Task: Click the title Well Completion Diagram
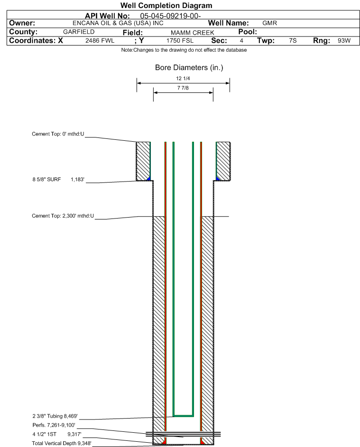166,5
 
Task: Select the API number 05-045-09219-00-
170,16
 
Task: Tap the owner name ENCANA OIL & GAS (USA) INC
118,23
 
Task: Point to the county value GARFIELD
79,32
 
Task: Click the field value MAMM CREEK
192,33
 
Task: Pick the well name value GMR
269,23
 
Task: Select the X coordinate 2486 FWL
100,40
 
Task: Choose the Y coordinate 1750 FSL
180,40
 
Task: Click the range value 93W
344,40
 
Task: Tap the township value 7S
293,40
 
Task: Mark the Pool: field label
248,32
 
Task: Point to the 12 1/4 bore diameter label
183,78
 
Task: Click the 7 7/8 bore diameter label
183,88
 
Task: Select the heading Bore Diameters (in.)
189,68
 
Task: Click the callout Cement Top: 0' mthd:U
58,134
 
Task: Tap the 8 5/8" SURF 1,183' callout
58,179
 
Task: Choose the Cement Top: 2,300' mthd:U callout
63,216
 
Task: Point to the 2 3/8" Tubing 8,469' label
55,416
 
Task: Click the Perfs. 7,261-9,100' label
54,425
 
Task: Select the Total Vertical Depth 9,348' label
62,443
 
